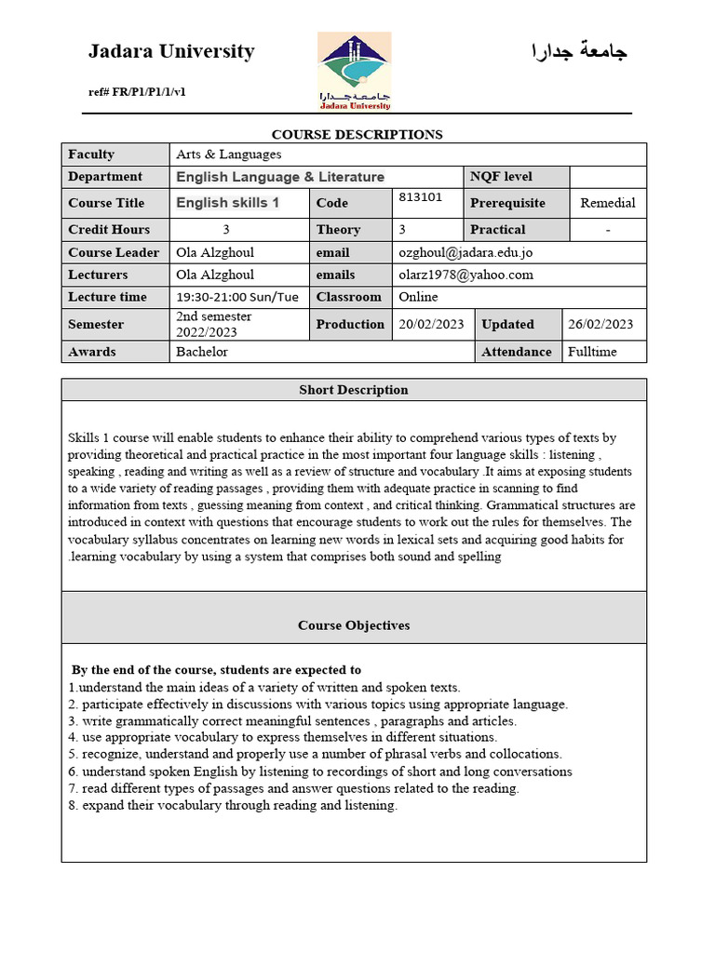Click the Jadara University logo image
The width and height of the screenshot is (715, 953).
[354, 71]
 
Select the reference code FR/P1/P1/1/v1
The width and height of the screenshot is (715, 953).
[137, 91]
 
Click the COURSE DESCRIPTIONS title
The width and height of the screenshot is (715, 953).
[357, 134]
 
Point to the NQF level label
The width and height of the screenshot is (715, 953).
[501, 177]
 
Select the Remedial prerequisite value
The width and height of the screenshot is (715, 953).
[607, 203]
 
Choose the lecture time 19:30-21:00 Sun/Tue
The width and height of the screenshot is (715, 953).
[237, 297]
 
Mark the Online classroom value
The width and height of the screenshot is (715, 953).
[418, 297]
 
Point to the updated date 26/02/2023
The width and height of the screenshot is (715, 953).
[600, 324]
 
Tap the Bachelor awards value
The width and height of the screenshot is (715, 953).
[202, 352]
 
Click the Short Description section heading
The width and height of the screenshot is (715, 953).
[353, 390]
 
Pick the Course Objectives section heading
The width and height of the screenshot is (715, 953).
[354, 625]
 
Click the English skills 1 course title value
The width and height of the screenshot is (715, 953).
[228, 202]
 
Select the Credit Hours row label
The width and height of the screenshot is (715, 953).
[109, 229]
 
